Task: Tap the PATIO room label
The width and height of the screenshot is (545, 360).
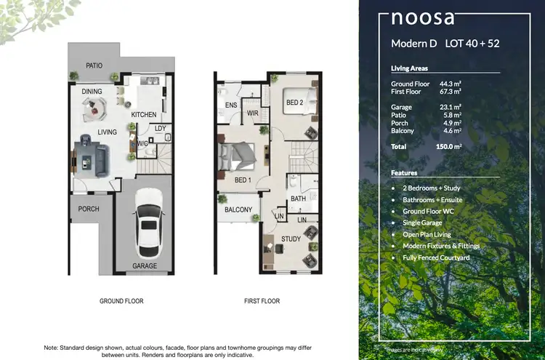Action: pyautogui.click(x=94, y=65)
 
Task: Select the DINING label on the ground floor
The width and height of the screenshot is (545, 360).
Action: pyautogui.click(x=92, y=92)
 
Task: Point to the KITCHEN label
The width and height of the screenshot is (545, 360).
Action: pyautogui.click(x=144, y=115)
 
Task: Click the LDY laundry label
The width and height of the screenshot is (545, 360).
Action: pyautogui.click(x=160, y=129)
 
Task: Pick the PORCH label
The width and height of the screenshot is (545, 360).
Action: pyautogui.click(x=89, y=209)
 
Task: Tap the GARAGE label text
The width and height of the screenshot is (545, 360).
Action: pyautogui.click(x=145, y=266)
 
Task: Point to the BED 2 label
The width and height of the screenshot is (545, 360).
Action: pyautogui.click(x=294, y=102)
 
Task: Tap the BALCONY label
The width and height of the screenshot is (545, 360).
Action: pyautogui.click(x=238, y=210)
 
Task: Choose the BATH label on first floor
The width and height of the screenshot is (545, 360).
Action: pyautogui.click(x=298, y=198)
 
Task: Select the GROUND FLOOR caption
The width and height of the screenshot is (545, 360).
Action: pyautogui.click(x=122, y=301)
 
